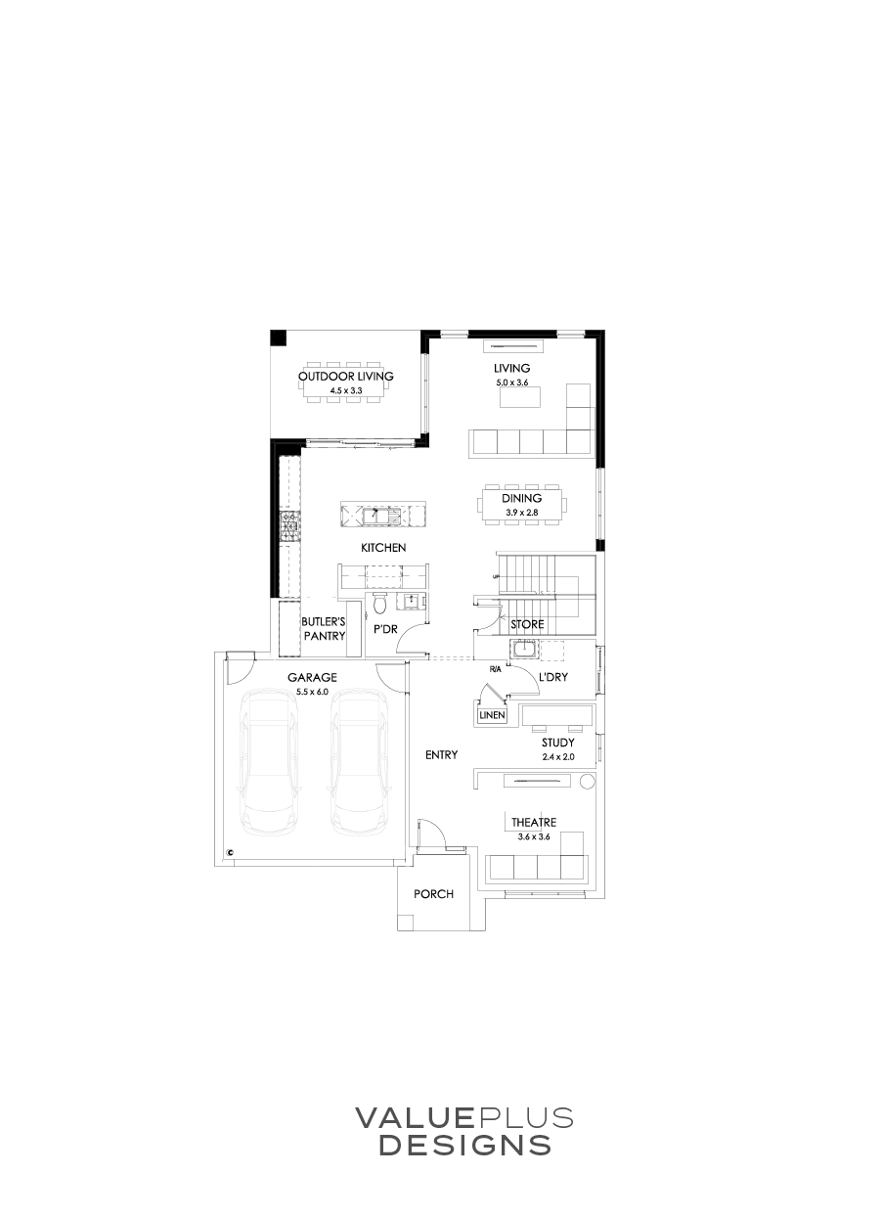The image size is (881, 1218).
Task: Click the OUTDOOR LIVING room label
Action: tap(345, 377)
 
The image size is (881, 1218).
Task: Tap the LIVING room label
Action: tap(511, 368)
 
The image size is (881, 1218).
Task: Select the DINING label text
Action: tap(522, 498)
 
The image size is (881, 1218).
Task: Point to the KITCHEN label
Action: tap(383, 548)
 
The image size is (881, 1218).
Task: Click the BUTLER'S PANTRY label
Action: tap(324, 628)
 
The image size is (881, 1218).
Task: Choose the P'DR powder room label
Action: tap(385, 629)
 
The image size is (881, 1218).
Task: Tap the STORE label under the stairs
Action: tap(527, 624)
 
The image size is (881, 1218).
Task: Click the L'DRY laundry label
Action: tap(554, 677)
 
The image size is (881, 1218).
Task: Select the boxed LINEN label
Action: tap(491, 716)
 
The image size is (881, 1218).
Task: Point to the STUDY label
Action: tap(558, 744)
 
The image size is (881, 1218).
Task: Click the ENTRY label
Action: tap(443, 754)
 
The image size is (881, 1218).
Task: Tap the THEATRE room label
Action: tap(534, 823)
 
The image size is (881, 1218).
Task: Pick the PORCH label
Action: tap(434, 894)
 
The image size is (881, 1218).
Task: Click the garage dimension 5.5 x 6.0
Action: tap(313, 692)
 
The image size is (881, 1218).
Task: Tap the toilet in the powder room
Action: tap(380, 604)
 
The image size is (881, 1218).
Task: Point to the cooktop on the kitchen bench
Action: tap(289, 527)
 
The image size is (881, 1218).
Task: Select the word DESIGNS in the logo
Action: tap(464, 1146)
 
